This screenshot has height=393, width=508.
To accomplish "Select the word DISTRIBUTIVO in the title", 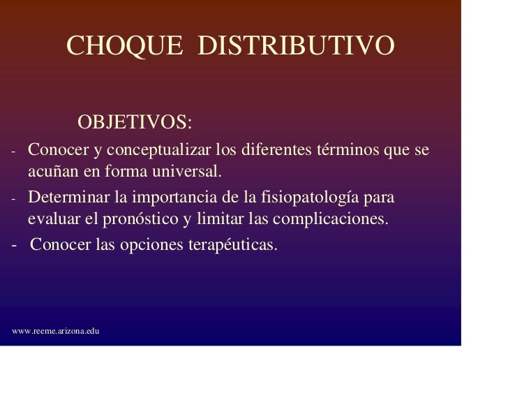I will (x=296, y=46).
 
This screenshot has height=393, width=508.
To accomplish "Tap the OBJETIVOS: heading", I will (x=135, y=123).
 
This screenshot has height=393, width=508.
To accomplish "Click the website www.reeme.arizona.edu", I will (x=56, y=330).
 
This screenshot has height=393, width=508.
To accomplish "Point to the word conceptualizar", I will (x=158, y=151).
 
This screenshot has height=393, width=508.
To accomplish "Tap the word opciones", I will (x=142, y=246).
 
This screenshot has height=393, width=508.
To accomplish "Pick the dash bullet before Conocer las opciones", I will (x=15, y=246).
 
